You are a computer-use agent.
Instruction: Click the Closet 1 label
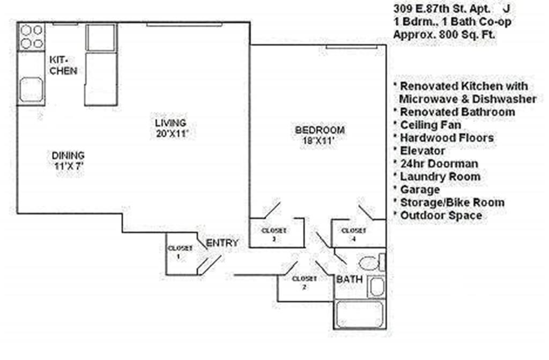pos(180,252)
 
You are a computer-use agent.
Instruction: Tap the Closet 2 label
pos(304,282)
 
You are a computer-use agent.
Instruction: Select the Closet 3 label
pos(274,234)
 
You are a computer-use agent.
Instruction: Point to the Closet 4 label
pos(354,234)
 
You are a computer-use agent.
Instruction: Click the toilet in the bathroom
pos(371,263)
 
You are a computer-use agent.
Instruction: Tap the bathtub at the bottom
pos(359,314)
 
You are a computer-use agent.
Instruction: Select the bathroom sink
pos(376,287)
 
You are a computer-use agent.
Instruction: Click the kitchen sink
pos(31,89)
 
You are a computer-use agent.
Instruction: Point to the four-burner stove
pos(31,36)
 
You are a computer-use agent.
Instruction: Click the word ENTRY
pos(222,243)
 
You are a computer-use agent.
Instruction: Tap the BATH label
pos(349,280)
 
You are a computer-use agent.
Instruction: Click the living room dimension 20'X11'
pos(169,134)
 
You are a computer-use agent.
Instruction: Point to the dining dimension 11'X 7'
pos(68,166)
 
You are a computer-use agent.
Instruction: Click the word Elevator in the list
pos(422,151)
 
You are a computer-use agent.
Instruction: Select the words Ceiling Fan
pos(431,125)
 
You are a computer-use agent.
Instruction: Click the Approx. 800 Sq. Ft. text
pos(444,34)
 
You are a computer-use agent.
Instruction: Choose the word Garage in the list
pos(420,189)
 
